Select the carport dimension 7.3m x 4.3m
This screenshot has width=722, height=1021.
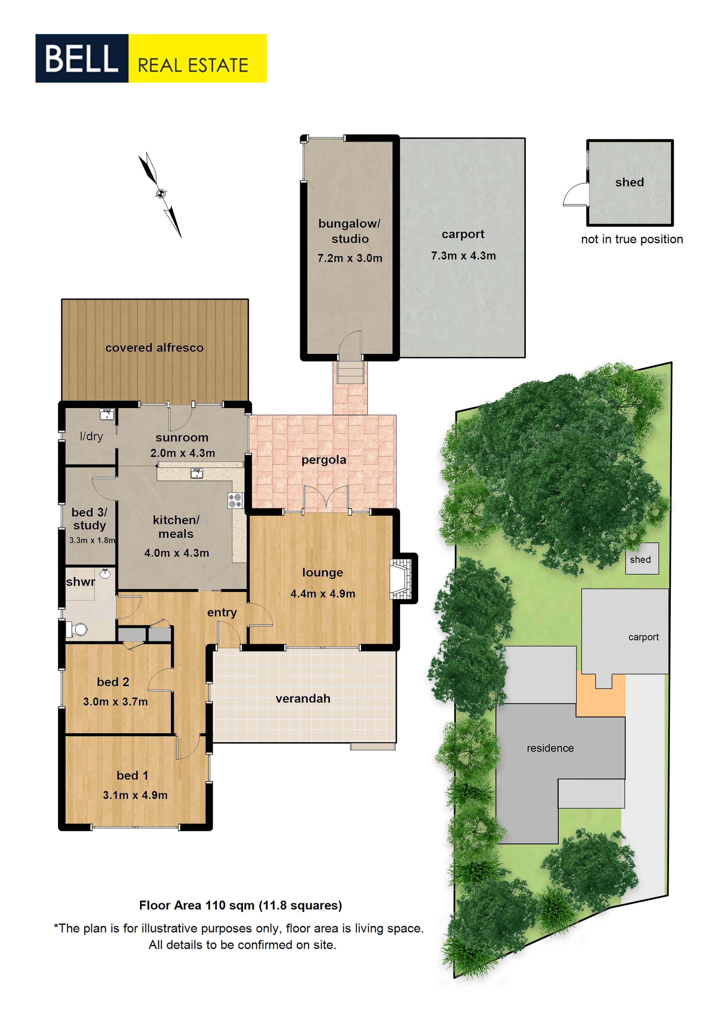pos(463,256)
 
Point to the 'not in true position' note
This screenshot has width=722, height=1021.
pos(632,239)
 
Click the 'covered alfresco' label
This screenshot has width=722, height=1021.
pos(154,348)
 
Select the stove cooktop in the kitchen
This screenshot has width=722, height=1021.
pos(235,500)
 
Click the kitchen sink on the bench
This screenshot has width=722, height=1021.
pos(197,473)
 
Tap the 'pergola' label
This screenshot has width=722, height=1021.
pos(324,460)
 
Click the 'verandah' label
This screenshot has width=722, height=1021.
pos(303,699)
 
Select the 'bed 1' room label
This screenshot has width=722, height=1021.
pos(132,776)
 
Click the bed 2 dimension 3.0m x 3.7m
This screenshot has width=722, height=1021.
pos(115,702)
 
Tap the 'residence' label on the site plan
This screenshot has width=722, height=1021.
pos(550,748)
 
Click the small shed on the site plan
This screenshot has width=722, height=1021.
pos(642,559)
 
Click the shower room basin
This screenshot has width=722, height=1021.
pos(105,574)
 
